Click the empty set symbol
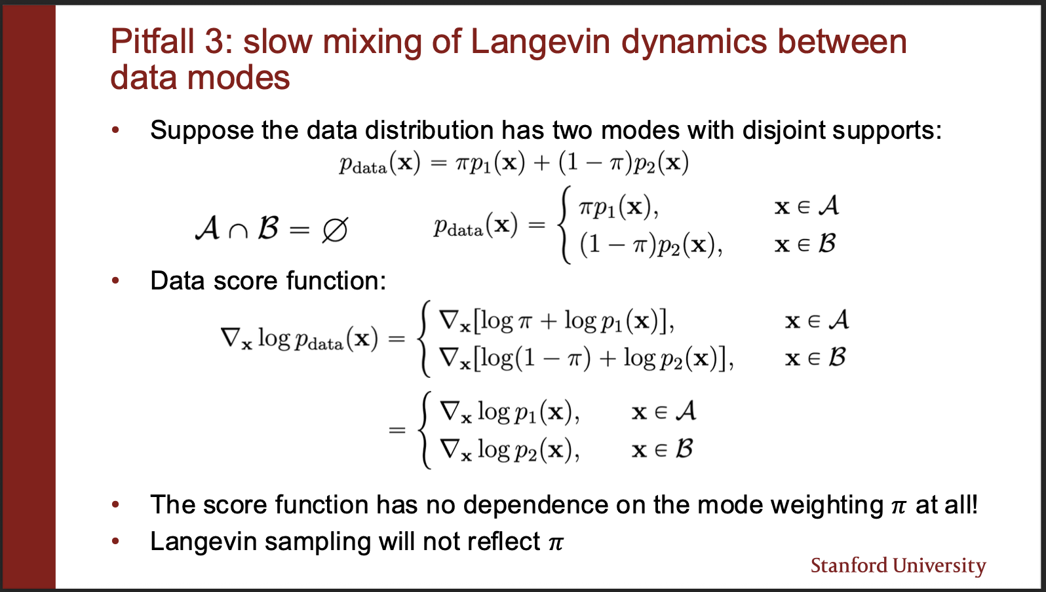pos(334,230)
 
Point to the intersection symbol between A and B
pos(238,232)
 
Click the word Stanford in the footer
pos(849,565)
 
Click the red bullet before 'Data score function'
pos(115,281)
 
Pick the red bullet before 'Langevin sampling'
pos(115,542)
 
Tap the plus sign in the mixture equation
pos(541,164)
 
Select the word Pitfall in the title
pos(152,42)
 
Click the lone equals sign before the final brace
pos(397,430)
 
